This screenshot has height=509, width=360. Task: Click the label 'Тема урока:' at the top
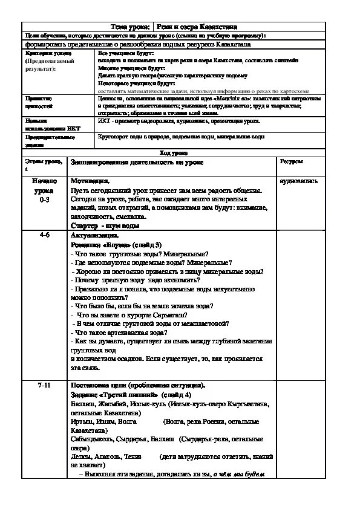coord(131,27)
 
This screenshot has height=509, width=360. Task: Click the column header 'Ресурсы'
coord(291,162)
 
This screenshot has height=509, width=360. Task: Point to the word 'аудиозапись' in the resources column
coord(298,181)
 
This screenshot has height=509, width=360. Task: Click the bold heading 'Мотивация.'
coord(90,181)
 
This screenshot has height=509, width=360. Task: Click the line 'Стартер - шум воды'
coord(105,225)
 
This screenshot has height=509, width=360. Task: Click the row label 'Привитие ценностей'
coord(39,102)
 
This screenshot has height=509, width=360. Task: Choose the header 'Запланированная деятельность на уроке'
coord(137,163)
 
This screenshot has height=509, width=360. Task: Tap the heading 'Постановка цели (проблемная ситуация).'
coord(137,386)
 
